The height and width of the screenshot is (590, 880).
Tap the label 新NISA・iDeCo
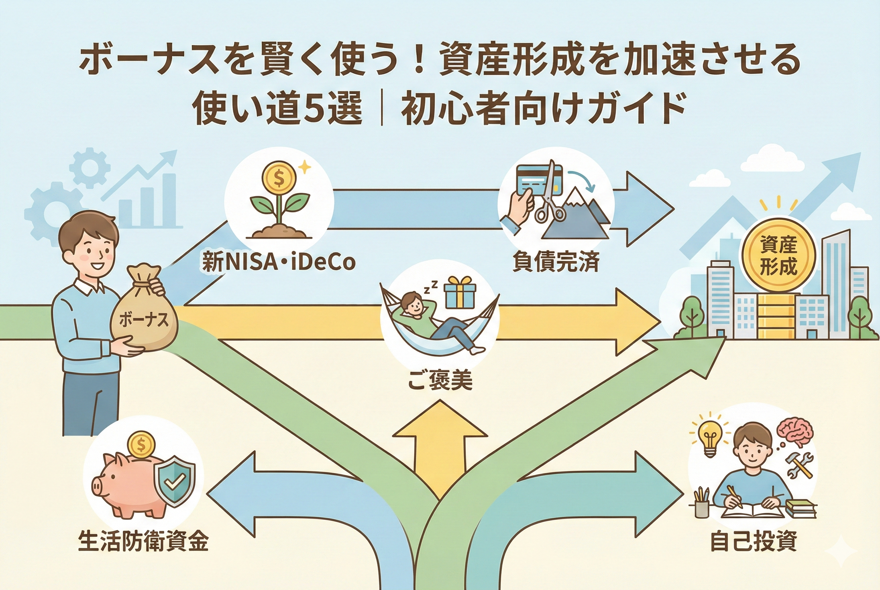pos(278,262)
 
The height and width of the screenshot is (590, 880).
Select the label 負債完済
pos(556,262)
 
